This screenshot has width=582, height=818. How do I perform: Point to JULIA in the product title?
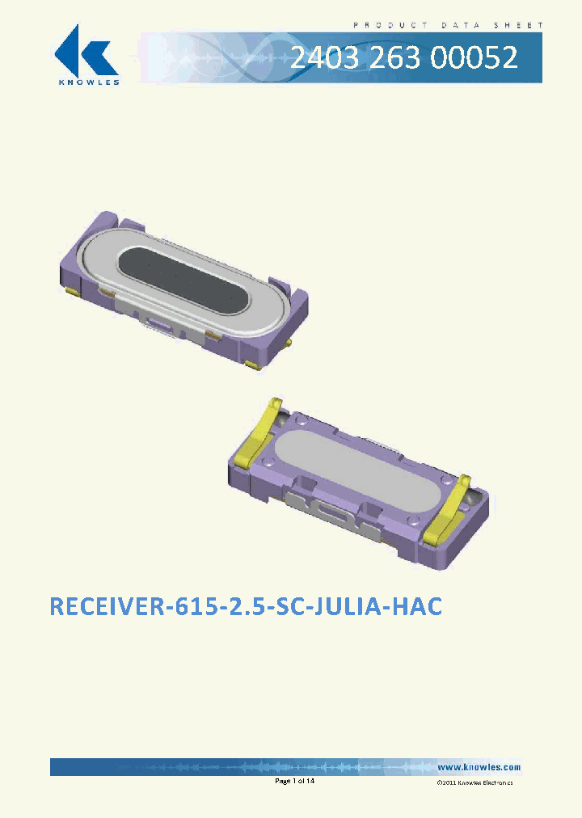(338, 607)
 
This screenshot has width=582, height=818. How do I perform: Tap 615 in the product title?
(188, 607)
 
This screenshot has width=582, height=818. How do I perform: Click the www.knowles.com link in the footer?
(479, 767)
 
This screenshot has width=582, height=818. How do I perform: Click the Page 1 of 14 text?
(294, 782)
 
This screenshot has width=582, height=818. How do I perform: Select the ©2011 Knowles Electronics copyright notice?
(474, 783)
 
